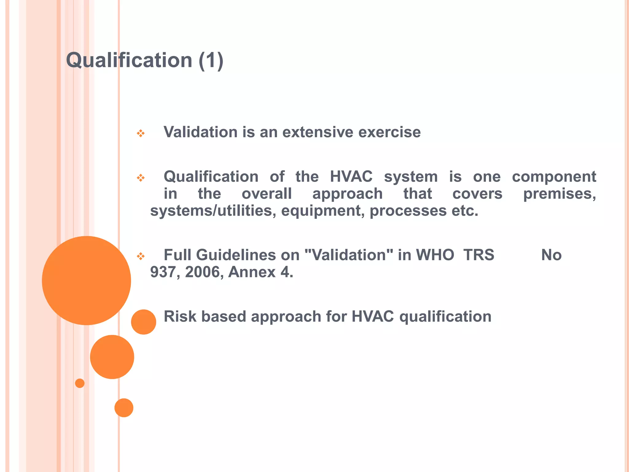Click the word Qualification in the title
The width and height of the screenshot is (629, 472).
coord(129,60)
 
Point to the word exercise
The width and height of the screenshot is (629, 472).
coord(389,132)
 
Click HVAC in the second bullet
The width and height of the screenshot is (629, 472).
coord(351,177)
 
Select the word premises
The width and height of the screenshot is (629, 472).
coord(559,194)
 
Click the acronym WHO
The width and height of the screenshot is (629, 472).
coord(435,255)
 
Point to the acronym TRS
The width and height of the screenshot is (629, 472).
coord(479,255)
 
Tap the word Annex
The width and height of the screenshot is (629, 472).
coord(252,272)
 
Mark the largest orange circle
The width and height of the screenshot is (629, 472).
coord(86,280)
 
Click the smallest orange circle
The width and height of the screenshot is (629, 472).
coord(80,383)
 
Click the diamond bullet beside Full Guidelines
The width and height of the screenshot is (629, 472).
coord(141,256)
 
